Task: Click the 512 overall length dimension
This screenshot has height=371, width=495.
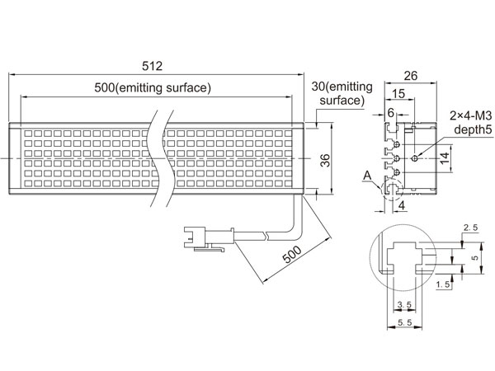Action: (152, 66)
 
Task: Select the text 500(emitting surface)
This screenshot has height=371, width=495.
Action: (153, 87)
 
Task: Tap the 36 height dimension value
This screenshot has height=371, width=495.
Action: (325, 160)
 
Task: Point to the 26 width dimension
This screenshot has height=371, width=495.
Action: (410, 76)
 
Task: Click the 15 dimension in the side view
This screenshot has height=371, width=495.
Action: (398, 93)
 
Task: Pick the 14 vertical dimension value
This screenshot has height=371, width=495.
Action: (445, 158)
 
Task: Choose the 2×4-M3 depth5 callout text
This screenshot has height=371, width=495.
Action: (471, 122)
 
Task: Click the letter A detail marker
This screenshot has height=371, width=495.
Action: (367, 175)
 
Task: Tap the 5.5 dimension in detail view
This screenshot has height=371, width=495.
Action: (405, 322)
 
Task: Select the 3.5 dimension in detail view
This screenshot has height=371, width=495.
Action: (404, 304)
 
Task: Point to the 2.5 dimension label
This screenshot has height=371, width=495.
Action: (470, 228)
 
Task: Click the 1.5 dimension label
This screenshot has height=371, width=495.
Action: (443, 284)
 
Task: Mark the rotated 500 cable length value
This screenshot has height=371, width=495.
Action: (292, 255)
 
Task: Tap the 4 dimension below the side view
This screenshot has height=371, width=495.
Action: (402, 205)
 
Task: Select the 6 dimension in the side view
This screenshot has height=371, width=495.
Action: (391, 113)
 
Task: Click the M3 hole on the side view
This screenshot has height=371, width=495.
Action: (416, 158)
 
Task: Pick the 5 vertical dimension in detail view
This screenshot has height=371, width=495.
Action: (474, 258)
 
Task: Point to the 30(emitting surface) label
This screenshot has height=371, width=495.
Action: (342, 93)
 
